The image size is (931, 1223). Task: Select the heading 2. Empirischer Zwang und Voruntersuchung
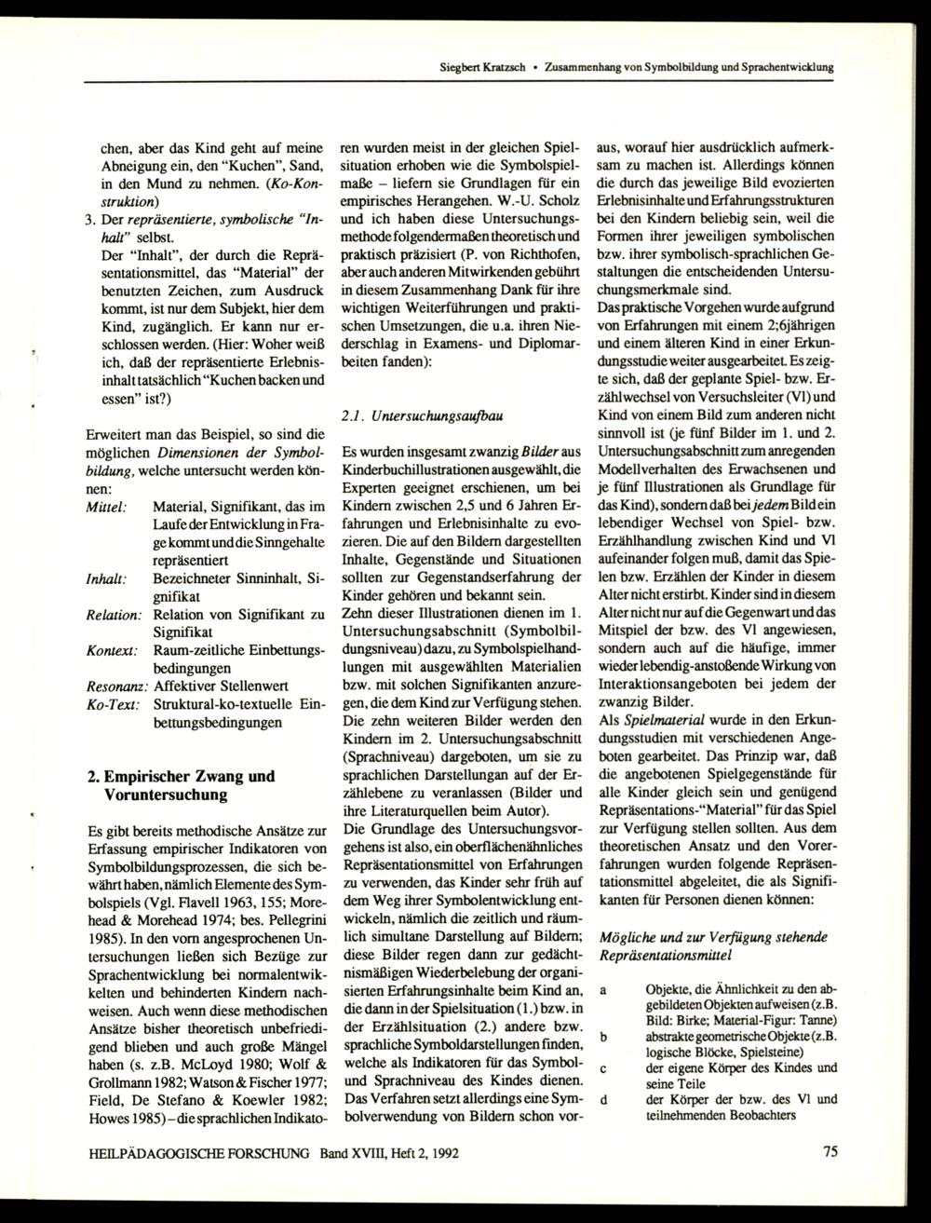(x=181, y=786)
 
